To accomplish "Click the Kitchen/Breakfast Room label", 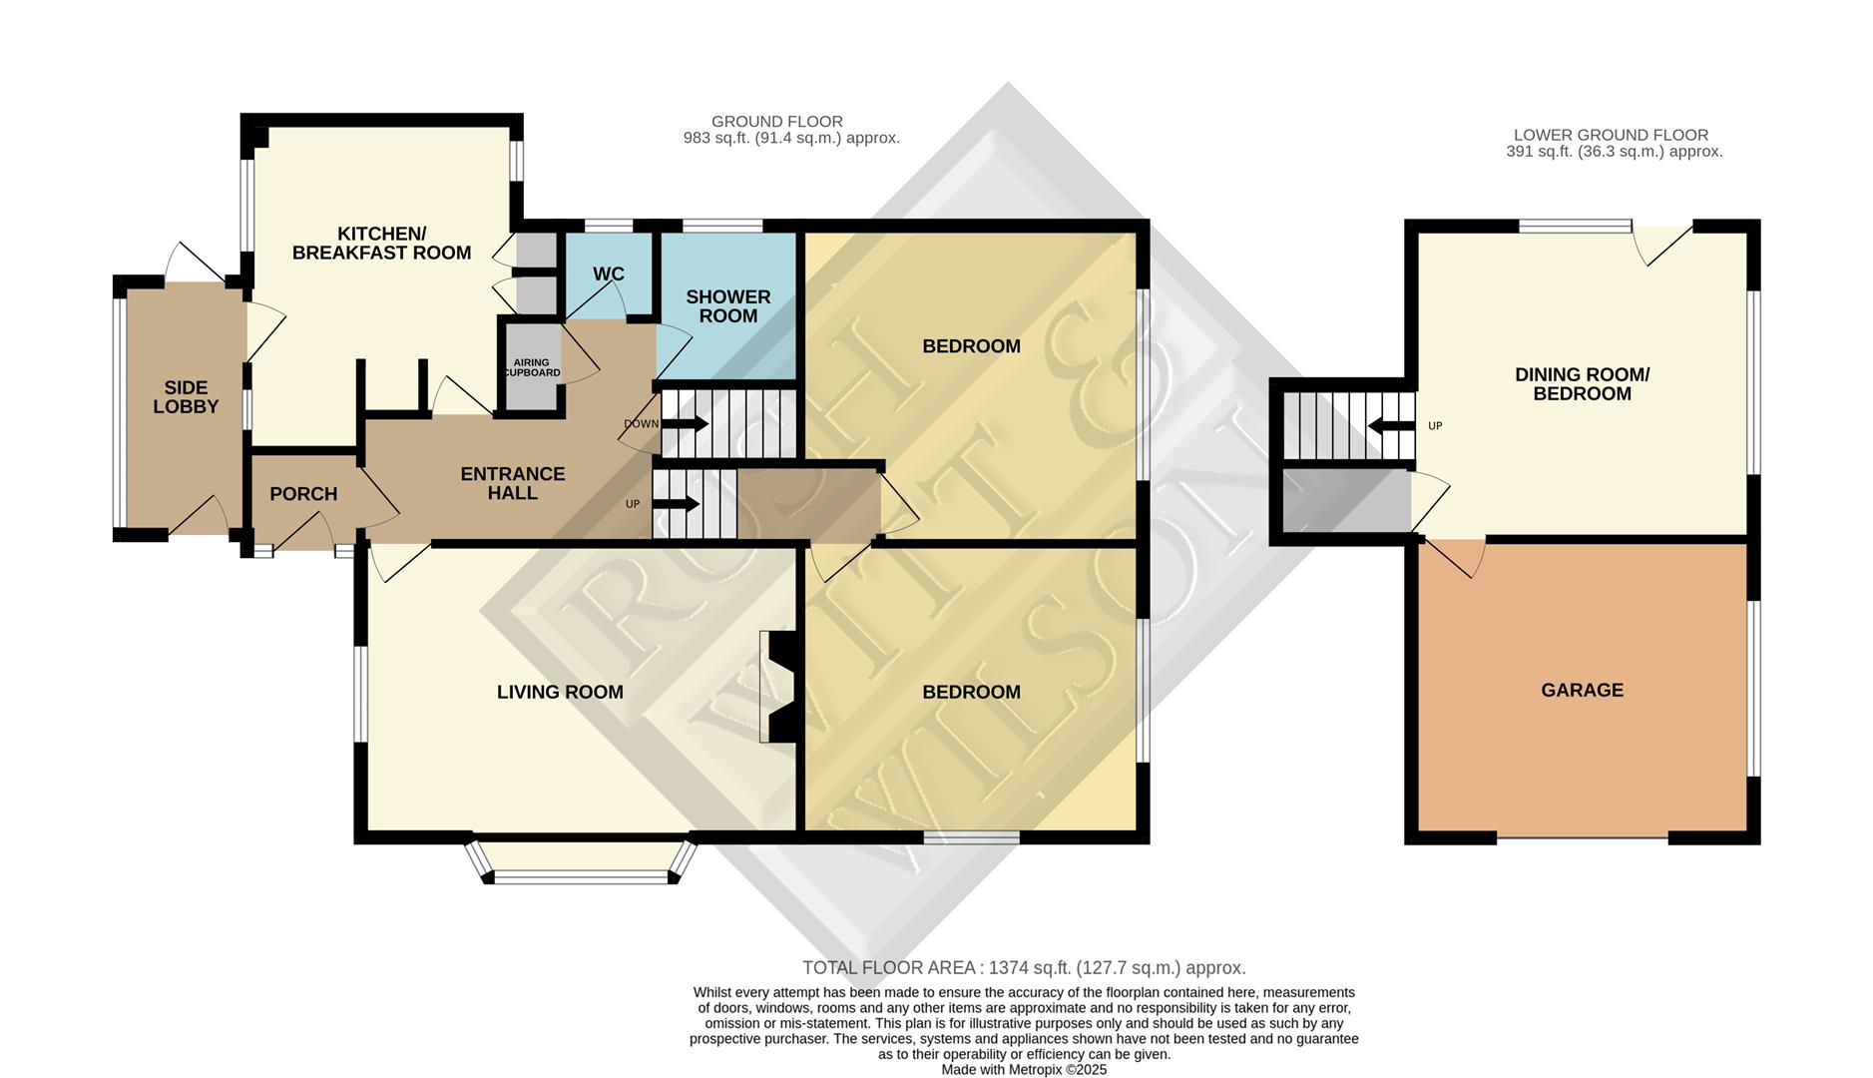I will pos(381,244).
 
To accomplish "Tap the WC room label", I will pos(609,274).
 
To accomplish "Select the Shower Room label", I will pos(728,306).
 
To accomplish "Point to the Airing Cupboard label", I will pos(532,368).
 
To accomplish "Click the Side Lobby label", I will pos(186,397).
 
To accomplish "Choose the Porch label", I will pos(303,494).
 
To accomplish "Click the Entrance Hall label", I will pos(512,483).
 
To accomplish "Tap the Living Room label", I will pos(560,692).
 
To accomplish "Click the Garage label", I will pos(1582,690).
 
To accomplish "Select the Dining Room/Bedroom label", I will pos(1582,384).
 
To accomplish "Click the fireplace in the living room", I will pos(778,687).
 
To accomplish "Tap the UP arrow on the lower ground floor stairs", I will pos(1391,426).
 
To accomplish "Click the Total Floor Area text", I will pos(1024,968).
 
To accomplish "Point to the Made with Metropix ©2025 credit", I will pos(1024,1069).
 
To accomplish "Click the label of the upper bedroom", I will pos(971,346).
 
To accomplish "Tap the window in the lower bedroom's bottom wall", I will pos(971,837).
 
